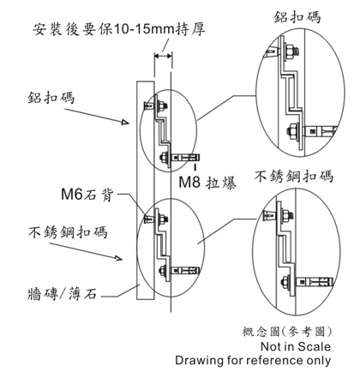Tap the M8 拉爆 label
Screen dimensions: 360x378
207,183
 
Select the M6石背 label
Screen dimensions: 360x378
87,195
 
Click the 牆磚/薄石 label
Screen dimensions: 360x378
62,294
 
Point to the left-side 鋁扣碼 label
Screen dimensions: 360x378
51,98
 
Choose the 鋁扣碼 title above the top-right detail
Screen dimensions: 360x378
297,17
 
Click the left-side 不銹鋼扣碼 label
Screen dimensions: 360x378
68,232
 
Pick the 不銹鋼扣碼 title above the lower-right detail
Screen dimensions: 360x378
294,176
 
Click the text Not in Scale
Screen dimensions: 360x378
296,346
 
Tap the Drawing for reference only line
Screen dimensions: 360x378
253,360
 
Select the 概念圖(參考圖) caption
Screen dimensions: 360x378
287,332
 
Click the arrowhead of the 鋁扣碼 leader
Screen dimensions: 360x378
125,122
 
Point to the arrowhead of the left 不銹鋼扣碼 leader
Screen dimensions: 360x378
118,258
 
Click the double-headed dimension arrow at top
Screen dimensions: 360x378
163,56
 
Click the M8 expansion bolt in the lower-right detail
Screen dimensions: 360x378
315,282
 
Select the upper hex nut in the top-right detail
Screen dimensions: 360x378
291,51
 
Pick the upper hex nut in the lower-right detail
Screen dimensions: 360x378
286,216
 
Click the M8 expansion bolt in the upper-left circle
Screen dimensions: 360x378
185,158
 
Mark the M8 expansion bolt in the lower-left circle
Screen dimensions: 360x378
185,270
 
